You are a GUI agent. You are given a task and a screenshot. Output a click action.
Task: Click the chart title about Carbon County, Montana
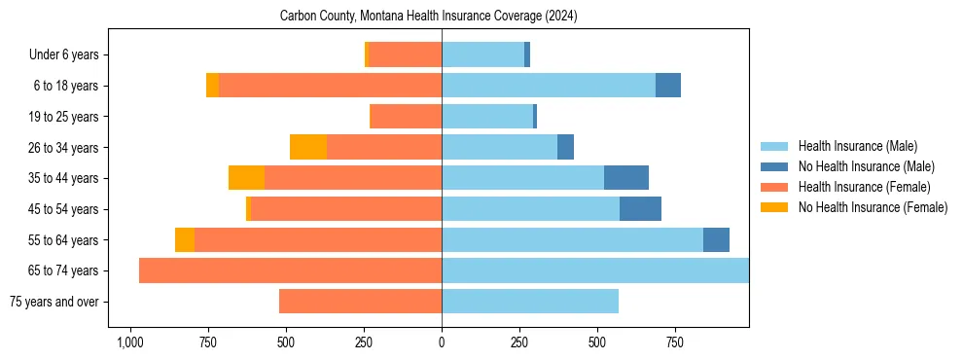[428, 17]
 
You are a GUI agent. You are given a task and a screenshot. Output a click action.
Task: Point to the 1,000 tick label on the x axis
[129, 342]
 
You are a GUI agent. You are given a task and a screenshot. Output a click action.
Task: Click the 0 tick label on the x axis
[442, 342]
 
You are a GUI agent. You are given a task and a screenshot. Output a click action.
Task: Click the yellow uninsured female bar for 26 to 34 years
[308, 147]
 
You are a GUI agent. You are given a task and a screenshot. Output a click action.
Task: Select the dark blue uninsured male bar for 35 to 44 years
[626, 178]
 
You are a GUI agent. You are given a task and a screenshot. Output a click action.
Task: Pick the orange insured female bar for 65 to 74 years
[290, 270]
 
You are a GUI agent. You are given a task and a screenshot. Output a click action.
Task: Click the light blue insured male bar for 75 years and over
[530, 302]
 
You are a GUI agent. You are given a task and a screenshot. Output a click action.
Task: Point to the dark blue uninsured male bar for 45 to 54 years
[640, 208]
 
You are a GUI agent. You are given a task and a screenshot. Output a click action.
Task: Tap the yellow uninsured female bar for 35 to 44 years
[246, 178]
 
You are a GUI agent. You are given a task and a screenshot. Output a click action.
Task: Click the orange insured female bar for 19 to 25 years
[407, 117]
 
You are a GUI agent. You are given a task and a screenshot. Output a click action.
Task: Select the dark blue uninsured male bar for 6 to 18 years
[668, 86]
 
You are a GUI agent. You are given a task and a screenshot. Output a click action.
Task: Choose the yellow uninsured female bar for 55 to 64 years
[185, 239]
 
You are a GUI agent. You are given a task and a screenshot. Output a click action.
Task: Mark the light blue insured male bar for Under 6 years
[482, 54]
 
